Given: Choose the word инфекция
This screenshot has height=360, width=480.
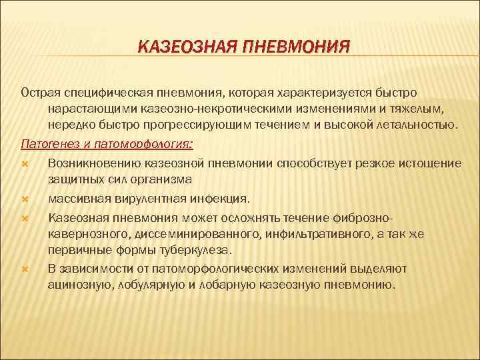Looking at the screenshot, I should point(217,199).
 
